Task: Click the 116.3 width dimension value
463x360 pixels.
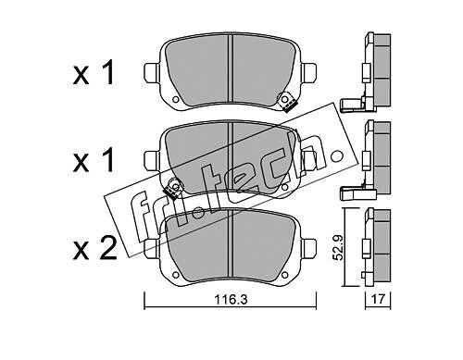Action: click(231, 300)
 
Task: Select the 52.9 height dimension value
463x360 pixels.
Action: click(339, 247)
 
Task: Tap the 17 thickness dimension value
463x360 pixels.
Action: click(378, 299)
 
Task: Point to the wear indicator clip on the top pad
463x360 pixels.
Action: click(287, 102)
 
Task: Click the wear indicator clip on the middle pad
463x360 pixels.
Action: click(173, 188)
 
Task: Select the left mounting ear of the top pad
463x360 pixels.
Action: click(152, 73)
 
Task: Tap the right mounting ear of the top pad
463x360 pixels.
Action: click(309, 73)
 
